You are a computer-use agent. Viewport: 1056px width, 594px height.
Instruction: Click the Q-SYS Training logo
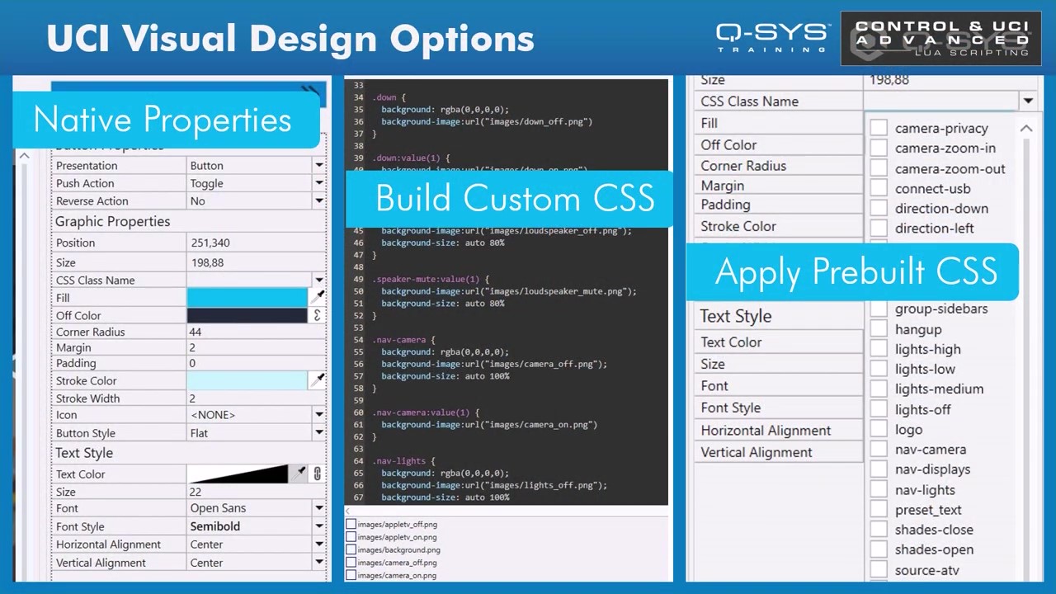click(772, 37)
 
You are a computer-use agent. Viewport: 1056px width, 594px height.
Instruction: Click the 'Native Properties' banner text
click(163, 120)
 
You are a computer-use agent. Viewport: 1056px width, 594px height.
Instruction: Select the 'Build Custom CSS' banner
click(515, 199)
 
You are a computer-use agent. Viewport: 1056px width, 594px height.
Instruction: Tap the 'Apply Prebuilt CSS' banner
click(856, 272)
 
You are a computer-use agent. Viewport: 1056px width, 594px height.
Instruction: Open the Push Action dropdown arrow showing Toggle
click(318, 183)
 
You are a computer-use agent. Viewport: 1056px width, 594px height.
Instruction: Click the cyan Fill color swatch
click(247, 298)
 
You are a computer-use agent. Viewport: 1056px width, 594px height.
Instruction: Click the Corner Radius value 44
click(196, 332)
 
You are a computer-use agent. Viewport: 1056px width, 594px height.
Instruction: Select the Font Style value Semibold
click(215, 526)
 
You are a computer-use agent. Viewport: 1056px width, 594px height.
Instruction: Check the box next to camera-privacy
click(879, 128)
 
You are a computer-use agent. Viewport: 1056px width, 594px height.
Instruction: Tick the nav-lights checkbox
click(879, 489)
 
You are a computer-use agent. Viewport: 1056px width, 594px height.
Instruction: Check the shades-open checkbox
click(879, 549)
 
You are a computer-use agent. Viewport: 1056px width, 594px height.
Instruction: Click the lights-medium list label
click(939, 389)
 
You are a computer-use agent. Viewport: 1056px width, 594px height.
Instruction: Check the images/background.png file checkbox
click(351, 549)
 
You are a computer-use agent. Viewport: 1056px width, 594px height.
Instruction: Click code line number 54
click(358, 340)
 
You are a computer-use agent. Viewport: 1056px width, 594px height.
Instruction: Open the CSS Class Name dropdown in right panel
click(1027, 101)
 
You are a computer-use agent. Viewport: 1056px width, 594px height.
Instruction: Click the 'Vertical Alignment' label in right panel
click(756, 452)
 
